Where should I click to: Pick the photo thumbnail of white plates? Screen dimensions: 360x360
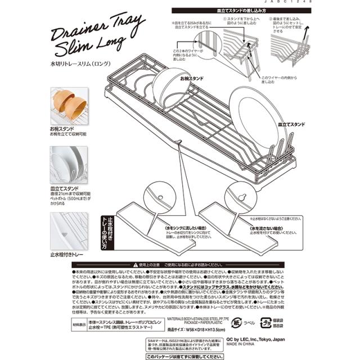[x=68, y=164]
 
